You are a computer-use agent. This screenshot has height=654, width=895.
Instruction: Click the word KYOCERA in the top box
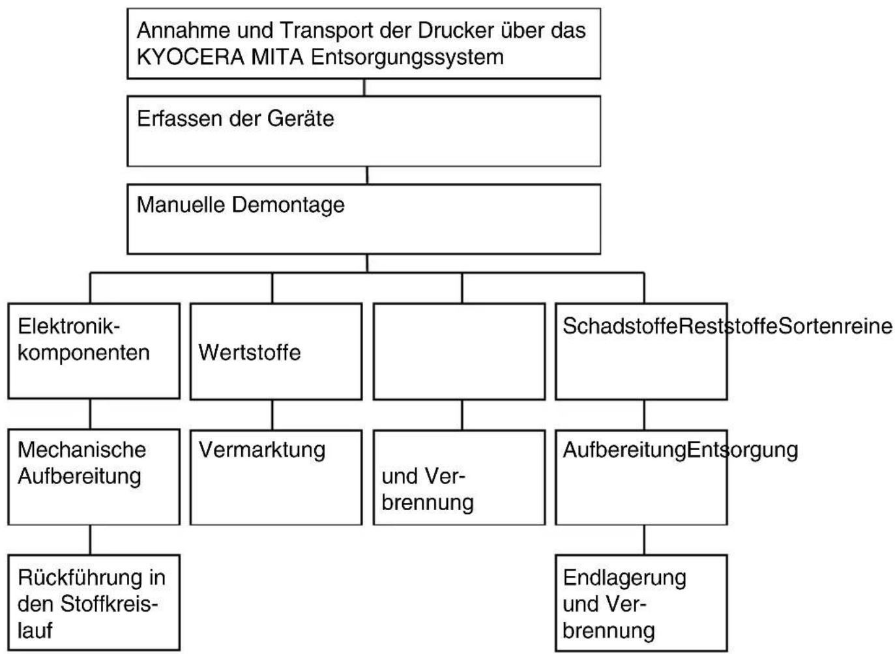tap(190, 57)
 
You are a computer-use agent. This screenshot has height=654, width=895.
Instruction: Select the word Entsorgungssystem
tap(407, 58)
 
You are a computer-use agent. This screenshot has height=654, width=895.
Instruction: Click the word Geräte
tap(301, 119)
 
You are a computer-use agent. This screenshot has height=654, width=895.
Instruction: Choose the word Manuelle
tap(181, 205)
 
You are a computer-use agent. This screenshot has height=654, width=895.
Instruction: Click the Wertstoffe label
tap(249, 353)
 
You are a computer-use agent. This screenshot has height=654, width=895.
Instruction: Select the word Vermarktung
tap(262, 451)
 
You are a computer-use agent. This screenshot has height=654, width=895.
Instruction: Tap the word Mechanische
tap(82, 450)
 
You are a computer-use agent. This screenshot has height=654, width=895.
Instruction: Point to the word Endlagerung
tap(624, 578)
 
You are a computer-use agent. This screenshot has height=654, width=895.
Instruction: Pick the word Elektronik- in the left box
tap(68, 326)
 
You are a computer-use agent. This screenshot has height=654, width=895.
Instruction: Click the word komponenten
tap(83, 353)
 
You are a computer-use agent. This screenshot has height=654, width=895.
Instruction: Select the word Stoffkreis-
tap(109, 604)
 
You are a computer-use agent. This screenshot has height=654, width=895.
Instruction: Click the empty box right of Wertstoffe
tap(459, 351)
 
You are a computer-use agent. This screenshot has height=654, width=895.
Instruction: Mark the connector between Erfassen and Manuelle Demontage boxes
tap(367, 175)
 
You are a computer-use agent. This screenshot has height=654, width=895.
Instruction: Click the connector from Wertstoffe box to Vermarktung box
tap(272, 415)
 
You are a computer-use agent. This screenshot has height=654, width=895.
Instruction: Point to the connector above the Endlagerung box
tap(644, 540)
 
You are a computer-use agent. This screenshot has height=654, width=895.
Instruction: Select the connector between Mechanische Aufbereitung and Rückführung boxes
tap(91, 540)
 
